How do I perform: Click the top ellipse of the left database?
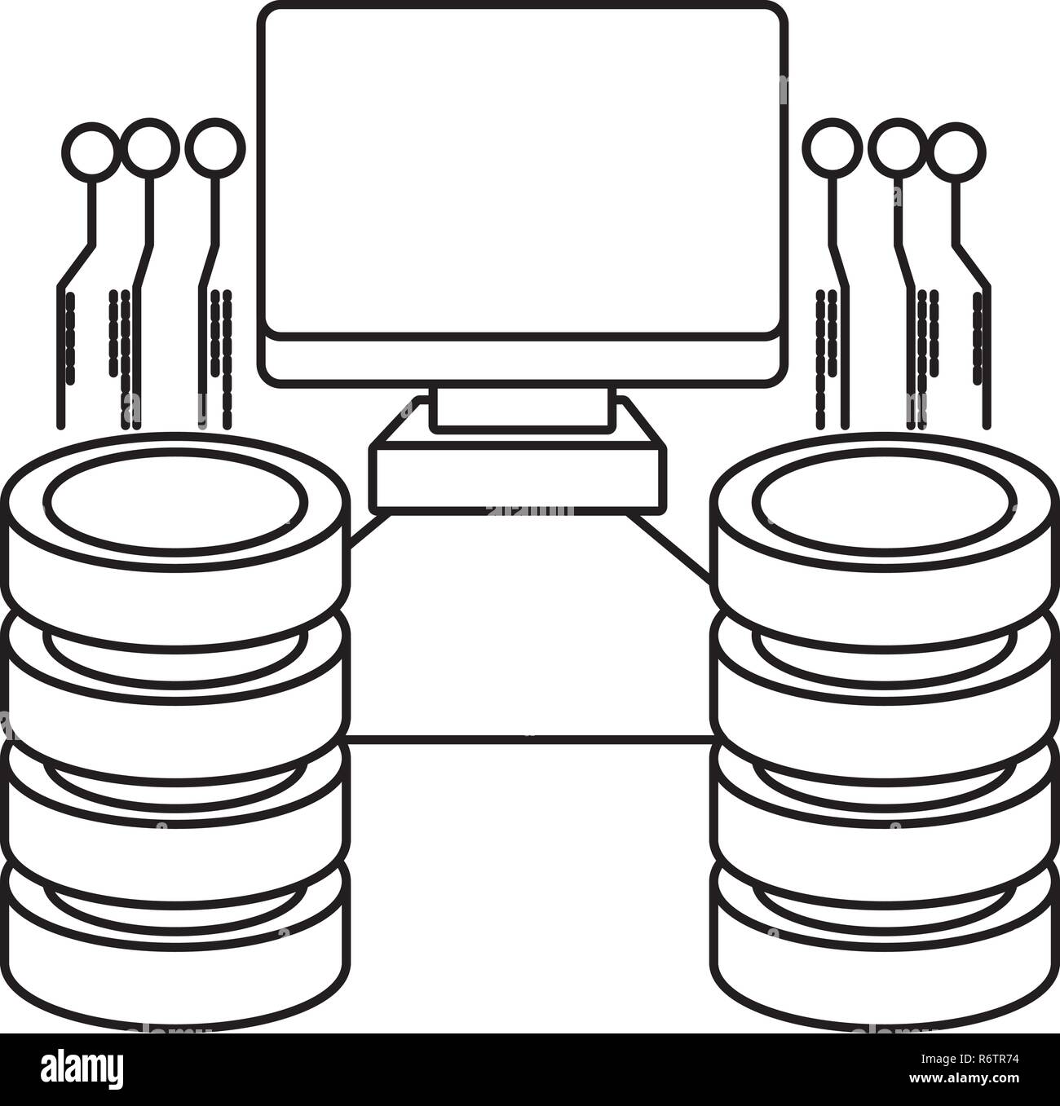click(175, 502)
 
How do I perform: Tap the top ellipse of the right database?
click(884, 502)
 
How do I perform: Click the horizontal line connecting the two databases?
click(530, 739)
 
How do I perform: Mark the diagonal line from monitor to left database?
click(369, 531)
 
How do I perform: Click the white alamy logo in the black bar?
click(82, 1069)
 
